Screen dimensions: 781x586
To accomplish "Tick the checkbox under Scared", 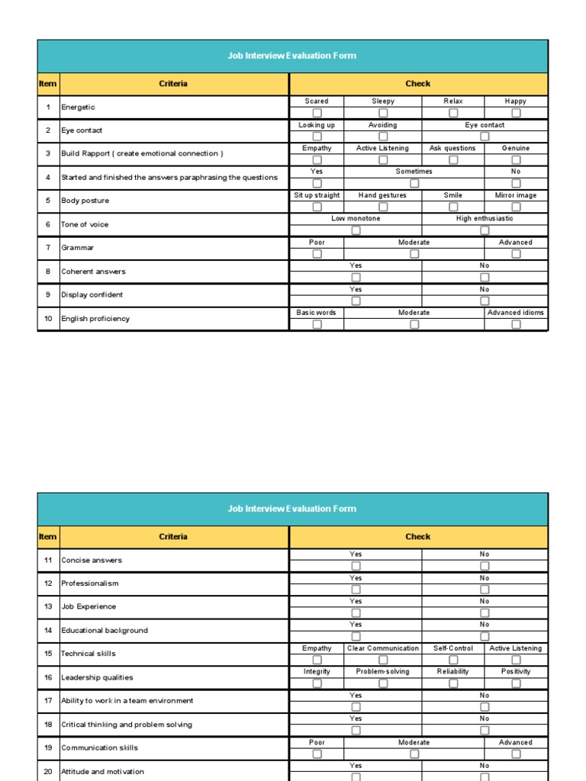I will click(317, 113).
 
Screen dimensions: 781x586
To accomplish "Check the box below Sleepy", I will click(383, 113).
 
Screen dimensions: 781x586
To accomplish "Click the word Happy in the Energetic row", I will click(516, 101).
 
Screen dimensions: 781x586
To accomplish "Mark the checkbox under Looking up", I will click(317, 137).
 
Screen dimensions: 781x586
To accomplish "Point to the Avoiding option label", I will click(383, 124).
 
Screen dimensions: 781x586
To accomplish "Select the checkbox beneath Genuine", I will click(516, 160).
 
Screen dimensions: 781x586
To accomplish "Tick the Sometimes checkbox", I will click(414, 183).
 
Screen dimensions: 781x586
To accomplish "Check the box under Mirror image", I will click(516, 207).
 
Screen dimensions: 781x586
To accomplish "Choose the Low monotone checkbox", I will click(356, 230).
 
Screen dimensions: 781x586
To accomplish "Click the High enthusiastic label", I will click(485, 218).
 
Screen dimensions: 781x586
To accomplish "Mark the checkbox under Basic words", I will click(317, 324).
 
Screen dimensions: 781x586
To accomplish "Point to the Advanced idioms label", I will click(516, 313).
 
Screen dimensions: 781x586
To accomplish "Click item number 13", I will click(48, 606).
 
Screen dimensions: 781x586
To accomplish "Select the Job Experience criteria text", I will click(89, 606).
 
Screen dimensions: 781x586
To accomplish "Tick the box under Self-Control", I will click(453, 660).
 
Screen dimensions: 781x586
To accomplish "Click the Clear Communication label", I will click(383, 648).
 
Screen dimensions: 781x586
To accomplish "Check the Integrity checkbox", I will click(317, 683).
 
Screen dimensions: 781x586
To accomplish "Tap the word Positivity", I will click(516, 671).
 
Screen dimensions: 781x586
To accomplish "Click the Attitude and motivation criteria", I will click(102, 772).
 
